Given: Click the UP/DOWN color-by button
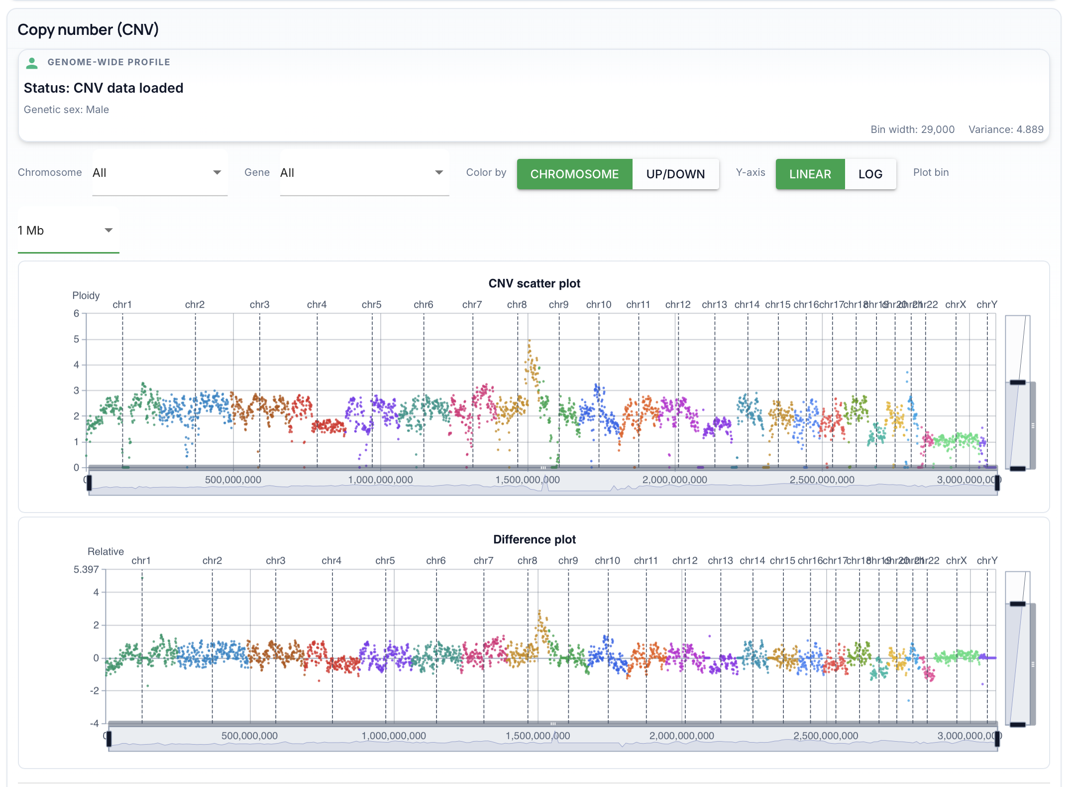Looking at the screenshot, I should [x=675, y=174].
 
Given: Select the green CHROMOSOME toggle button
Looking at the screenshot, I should [x=574, y=174].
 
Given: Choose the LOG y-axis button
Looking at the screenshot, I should [x=870, y=174].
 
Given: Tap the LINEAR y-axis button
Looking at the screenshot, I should [x=810, y=174].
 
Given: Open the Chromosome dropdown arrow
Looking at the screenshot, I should [x=217, y=172].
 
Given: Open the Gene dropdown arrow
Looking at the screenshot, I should [x=439, y=172].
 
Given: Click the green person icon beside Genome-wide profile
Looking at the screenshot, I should [x=32, y=63].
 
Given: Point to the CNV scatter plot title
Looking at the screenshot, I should [x=534, y=283].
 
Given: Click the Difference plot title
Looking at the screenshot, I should [x=534, y=539].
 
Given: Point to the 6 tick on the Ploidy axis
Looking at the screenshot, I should [x=76, y=313].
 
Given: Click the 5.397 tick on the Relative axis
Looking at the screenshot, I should [x=86, y=569].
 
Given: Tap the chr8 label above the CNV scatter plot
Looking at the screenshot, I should [x=517, y=304].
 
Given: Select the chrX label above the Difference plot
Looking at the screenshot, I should [x=956, y=560].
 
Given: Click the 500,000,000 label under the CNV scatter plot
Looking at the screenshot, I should [x=233, y=480].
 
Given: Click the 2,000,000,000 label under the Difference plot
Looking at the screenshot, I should [x=681, y=736].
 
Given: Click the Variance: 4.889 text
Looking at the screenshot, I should [x=1005, y=130].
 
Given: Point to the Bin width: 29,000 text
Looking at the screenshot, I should [x=912, y=130].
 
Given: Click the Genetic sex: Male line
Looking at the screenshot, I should [x=66, y=110].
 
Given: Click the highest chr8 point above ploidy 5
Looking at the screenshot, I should [x=529, y=341].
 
